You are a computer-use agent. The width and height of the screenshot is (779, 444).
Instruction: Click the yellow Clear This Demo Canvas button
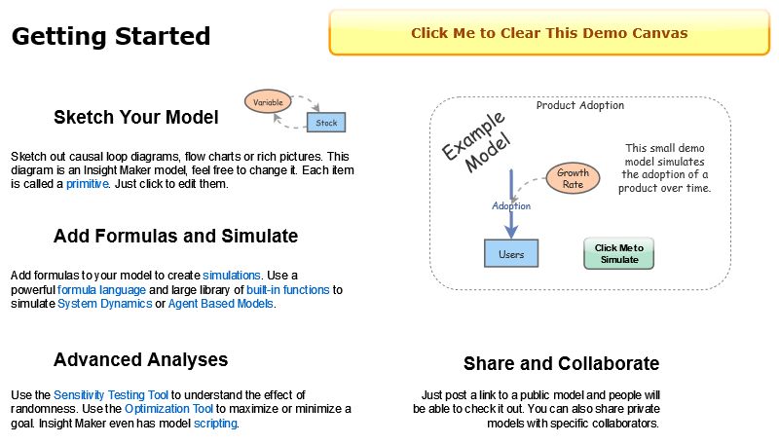pyautogui.click(x=549, y=33)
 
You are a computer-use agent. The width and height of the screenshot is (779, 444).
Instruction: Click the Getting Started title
pyautogui.click(x=111, y=37)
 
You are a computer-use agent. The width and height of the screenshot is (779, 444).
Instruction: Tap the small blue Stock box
pyautogui.click(x=326, y=123)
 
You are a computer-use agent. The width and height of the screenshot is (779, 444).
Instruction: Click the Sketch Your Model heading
pyautogui.click(x=136, y=118)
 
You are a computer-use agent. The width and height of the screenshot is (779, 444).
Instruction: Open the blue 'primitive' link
pyautogui.click(x=87, y=184)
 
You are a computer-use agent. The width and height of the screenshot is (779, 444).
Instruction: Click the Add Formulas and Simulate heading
pyautogui.click(x=175, y=237)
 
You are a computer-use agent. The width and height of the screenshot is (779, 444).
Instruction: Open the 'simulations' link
pyautogui.click(x=232, y=276)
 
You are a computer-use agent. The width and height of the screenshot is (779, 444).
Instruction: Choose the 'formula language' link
pyautogui.click(x=101, y=290)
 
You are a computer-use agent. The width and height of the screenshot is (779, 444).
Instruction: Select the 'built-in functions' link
pyautogui.click(x=288, y=290)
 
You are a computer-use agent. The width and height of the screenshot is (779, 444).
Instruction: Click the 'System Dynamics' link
pyautogui.click(x=104, y=304)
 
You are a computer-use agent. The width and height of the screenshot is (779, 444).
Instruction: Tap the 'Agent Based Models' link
pyautogui.click(x=221, y=304)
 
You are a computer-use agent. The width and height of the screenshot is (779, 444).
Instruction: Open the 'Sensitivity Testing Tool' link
pyautogui.click(x=111, y=395)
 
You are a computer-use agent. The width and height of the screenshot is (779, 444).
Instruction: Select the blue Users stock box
pyautogui.click(x=511, y=254)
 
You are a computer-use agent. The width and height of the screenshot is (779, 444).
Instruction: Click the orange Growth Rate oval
pyautogui.click(x=573, y=178)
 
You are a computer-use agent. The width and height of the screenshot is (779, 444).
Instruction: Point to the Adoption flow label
pyautogui.click(x=511, y=205)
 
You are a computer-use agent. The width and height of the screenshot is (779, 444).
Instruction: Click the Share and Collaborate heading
pyautogui.click(x=561, y=364)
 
